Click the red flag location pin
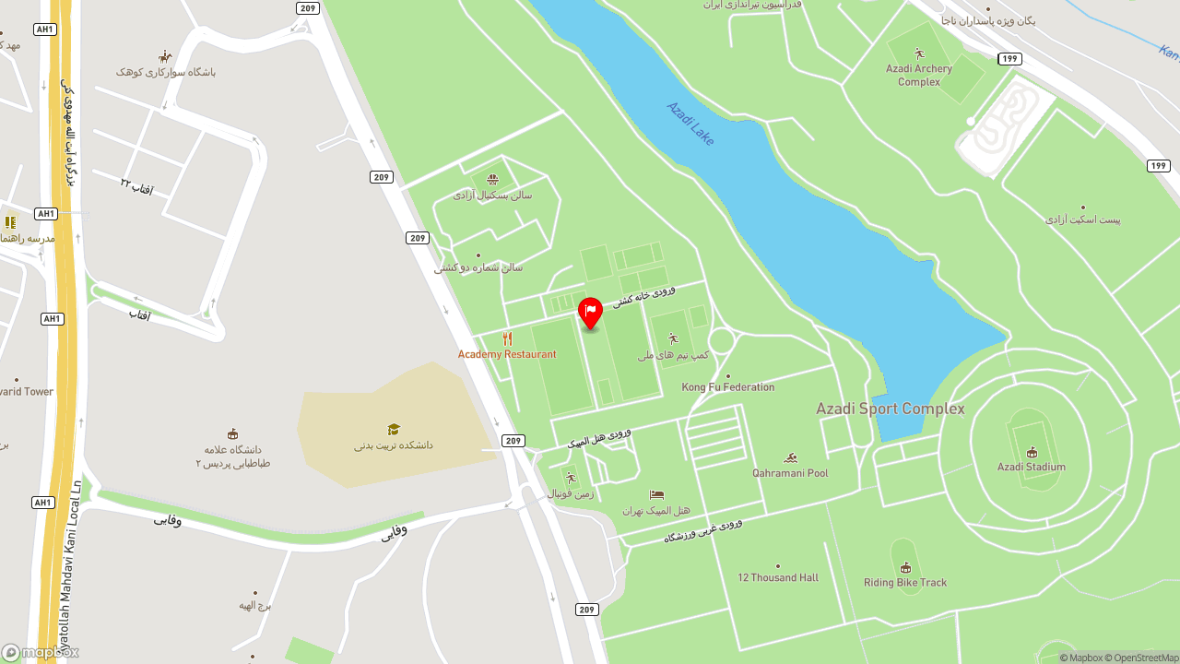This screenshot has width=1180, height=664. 590,312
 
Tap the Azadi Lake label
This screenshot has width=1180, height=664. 690,123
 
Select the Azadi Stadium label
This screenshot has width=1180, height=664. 1031,468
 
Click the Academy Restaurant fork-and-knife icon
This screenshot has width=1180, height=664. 507,338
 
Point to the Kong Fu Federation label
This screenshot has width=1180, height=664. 728,387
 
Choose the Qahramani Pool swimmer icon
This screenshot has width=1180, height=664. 790,457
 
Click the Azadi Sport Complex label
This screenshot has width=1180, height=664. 890,409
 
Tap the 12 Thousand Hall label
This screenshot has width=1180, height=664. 777,578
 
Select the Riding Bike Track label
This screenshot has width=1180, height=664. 904,583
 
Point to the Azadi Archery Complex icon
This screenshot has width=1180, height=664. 918,53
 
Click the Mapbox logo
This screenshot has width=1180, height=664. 41,652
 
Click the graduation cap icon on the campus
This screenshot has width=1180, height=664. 394,429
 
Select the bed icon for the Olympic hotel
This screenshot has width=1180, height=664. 656,494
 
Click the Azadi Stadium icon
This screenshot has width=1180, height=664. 1032,452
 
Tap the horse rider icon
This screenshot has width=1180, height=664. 165,56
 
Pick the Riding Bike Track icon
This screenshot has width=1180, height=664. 905,567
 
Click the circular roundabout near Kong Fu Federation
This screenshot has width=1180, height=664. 721,341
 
